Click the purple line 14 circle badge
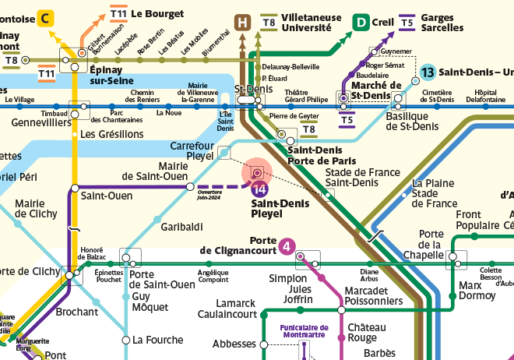click(x=260, y=189)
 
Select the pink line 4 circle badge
click(x=287, y=247)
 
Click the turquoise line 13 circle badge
click(x=428, y=73)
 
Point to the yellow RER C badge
click(x=47, y=17)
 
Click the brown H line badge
click(x=243, y=22)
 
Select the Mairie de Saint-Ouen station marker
click(x=189, y=187)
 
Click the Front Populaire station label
click(x=478, y=220)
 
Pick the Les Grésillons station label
click(x=112, y=134)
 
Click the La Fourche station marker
click(x=125, y=340)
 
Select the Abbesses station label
click(x=234, y=343)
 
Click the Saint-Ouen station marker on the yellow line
click(x=75, y=187)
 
